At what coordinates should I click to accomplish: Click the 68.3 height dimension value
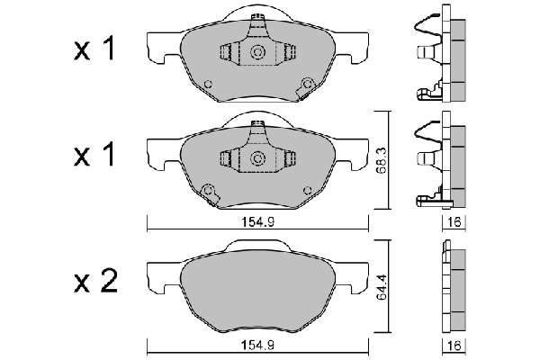click(x=382, y=160)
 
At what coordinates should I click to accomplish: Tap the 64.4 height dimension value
click(x=382, y=286)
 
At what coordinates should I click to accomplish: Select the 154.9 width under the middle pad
click(x=257, y=222)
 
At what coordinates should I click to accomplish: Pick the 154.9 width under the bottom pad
click(x=257, y=346)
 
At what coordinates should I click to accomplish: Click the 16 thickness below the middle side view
click(x=454, y=222)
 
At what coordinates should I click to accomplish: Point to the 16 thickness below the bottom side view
click(x=454, y=346)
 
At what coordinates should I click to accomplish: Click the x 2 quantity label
click(x=95, y=283)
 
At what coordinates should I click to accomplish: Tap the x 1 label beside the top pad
click(x=94, y=49)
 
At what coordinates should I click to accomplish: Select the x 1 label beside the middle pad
click(x=94, y=156)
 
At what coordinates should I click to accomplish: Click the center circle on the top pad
click(x=257, y=52)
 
